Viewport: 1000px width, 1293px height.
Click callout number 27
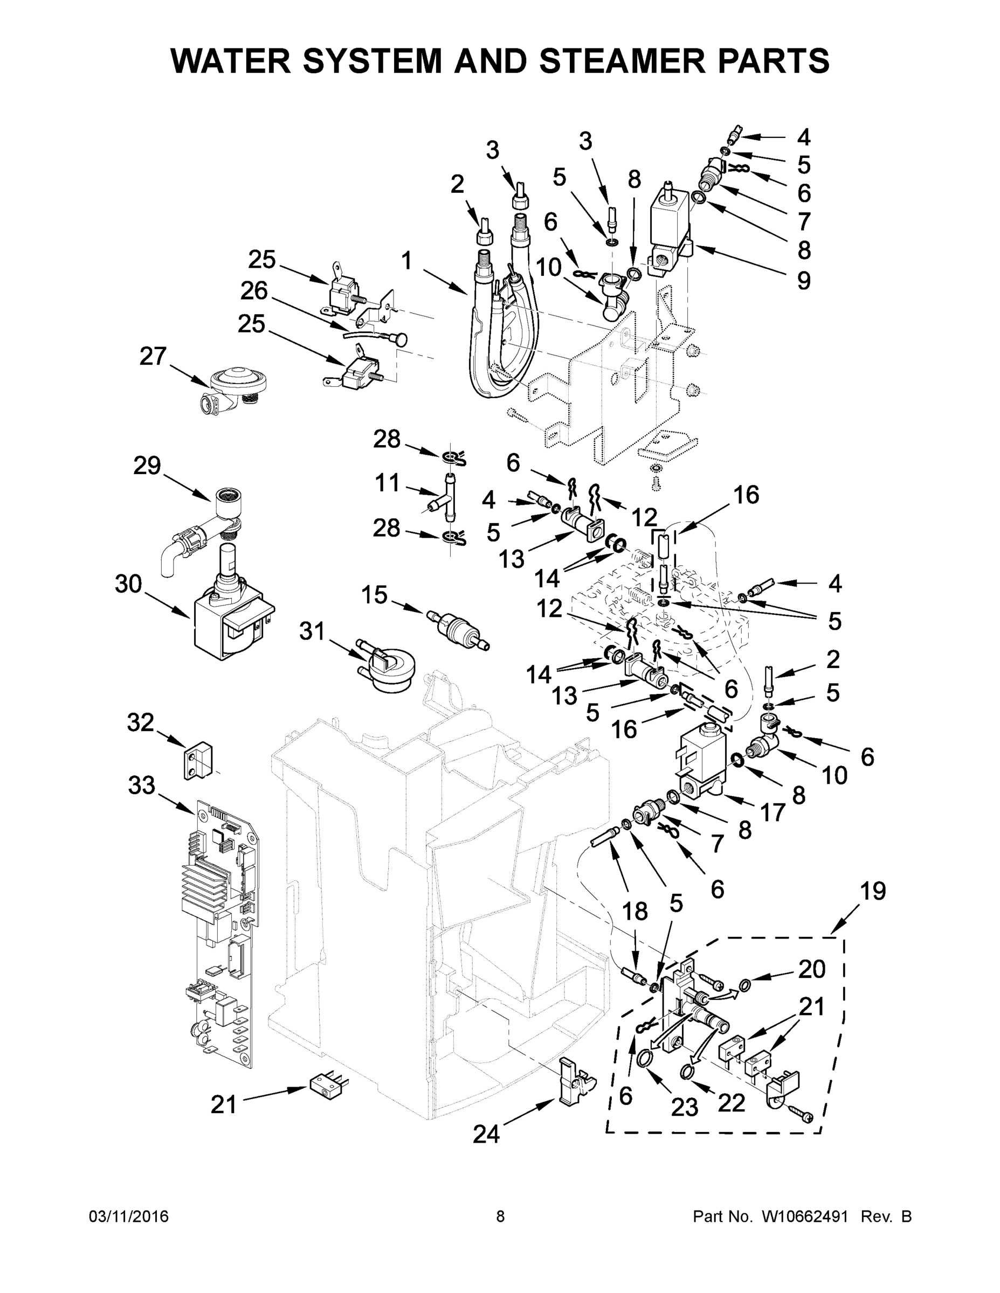pyautogui.click(x=153, y=357)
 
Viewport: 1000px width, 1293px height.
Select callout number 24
pyautogui.click(x=486, y=1134)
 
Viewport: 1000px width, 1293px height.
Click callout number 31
pyautogui.click(x=312, y=631)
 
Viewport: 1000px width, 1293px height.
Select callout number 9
pyautogui.click(x=803, y=280)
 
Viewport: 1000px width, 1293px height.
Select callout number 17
pyautogui.click(x=773, y=813)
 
